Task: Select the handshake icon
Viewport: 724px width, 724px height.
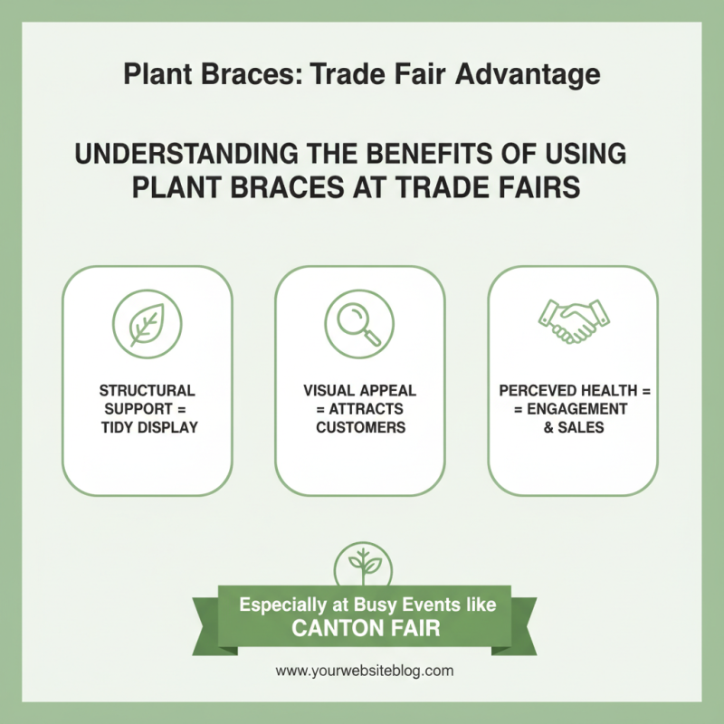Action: point(573,320)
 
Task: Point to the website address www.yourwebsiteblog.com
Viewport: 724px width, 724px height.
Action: point(364,671)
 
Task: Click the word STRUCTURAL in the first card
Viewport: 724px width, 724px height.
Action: point(147,391)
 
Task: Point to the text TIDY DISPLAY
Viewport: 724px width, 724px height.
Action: point(150,427)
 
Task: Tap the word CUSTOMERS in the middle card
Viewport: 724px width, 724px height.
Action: point(360,427)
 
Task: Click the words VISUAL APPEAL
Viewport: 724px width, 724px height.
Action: point(360,391)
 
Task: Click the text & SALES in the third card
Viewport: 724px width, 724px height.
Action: point(573,427)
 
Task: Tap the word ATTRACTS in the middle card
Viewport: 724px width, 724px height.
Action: point(366,409)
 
